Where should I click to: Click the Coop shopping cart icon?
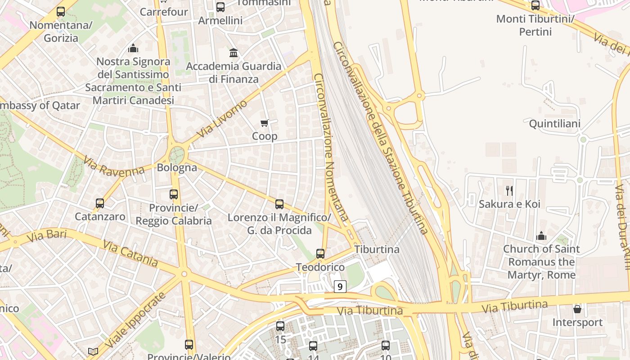coord(265,123)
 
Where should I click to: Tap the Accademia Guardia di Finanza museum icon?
coord(234,53)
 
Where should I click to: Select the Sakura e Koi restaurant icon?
coord(509,190)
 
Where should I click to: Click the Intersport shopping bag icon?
coord(577,309)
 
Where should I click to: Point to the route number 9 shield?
coord(340,286)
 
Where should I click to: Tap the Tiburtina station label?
coord(377,249)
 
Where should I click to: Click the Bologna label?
coord(177,168)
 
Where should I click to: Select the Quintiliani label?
coord(554,124)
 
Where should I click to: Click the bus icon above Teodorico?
coord(320,254)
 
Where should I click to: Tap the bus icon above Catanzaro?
coord(100,203)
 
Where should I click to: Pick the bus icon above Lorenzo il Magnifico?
coord(279,204)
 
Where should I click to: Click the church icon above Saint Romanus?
coord(541,236)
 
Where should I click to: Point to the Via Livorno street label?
coord(222,119)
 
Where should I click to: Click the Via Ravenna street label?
coord(114,166)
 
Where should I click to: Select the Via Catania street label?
coord(130,252)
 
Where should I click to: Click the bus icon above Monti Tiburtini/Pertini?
coord(535,6)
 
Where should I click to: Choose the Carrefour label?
coord(164,12)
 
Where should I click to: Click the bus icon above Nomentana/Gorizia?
coord(61,12)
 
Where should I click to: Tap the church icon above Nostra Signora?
coord(133,48)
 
